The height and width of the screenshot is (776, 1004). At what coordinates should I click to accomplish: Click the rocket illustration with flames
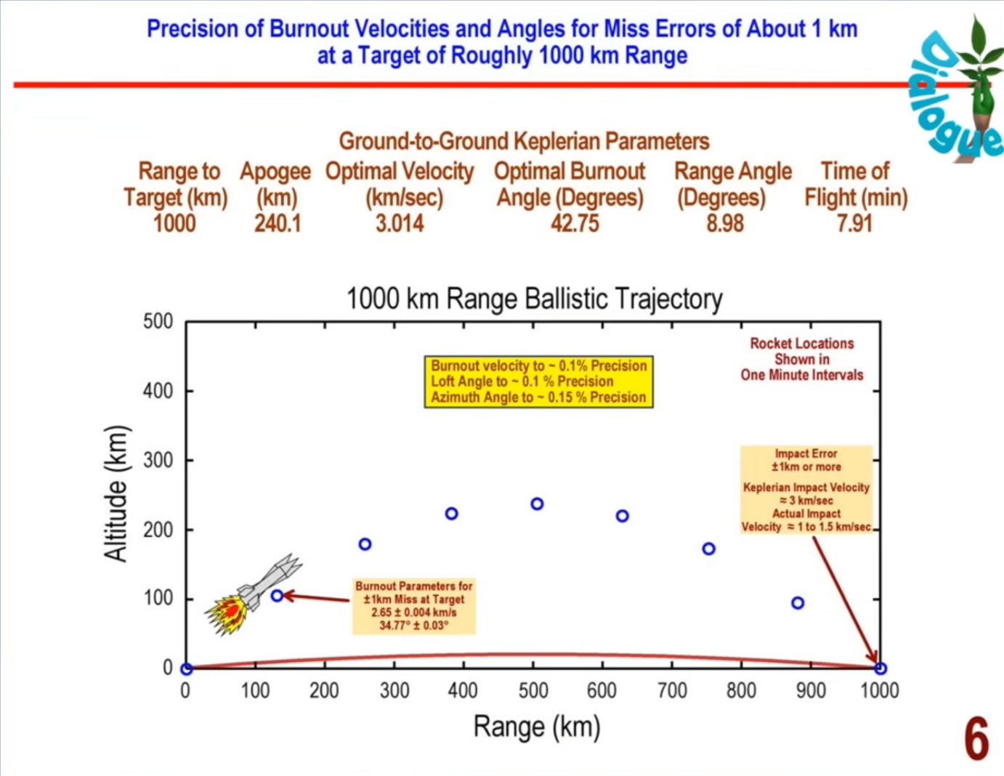click(x=253, y=594)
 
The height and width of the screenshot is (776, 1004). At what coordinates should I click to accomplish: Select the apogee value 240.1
click(x=278, y=223)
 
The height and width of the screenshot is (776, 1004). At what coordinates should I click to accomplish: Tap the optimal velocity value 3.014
click(x=400, y=223)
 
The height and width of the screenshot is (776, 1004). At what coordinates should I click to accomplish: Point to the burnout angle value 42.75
click(x=575, y=223)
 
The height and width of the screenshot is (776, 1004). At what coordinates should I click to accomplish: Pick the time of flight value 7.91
click(x=854, y=223)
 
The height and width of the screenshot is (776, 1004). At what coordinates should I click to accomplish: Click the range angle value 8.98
click(x=725, y=223)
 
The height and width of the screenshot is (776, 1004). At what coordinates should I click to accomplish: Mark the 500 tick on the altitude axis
click(x=158, y=321)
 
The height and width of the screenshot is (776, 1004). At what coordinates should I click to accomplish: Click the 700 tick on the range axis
click(x=672, y=690)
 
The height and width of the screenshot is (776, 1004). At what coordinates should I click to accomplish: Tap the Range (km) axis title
click(x=537, y=727)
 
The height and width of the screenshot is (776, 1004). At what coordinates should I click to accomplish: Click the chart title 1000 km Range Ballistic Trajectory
click(x=534, y=299)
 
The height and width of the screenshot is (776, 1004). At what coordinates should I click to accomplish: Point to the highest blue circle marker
click(x=537, y=504)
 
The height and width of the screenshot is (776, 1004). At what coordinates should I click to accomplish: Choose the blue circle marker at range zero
click(x=187, y=668)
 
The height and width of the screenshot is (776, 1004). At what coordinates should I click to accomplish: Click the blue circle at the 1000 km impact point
click(x=880, y=668)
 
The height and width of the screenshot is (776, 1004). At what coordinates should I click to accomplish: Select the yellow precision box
click(x=538, y=381)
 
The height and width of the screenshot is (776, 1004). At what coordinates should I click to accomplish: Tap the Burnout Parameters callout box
click(x=413, y=605)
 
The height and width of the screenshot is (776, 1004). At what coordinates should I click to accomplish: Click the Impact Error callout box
click(x=806, y=490)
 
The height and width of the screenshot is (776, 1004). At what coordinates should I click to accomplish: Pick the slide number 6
click(x=976, y=739)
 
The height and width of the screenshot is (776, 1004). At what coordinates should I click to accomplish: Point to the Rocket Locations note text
click(x=802, y=359)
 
